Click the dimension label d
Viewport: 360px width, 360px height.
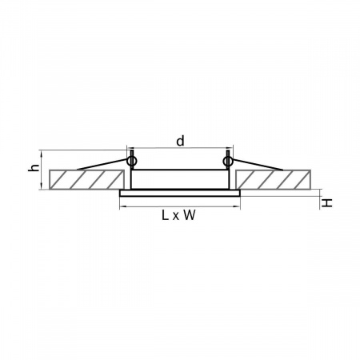(180, 141)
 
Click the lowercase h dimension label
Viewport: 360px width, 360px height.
(34, 168)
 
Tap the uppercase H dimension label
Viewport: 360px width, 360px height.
(326, 203)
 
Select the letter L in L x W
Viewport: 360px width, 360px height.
(165, 215)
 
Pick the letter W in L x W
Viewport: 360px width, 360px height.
(190, 215)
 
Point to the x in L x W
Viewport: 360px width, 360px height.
(176, 217)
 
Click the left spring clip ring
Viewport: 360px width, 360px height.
(132, 161)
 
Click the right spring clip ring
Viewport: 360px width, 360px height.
(227, 161)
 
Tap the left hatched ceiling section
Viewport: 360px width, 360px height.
(86, 179)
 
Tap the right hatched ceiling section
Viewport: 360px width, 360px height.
(273, 179)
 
